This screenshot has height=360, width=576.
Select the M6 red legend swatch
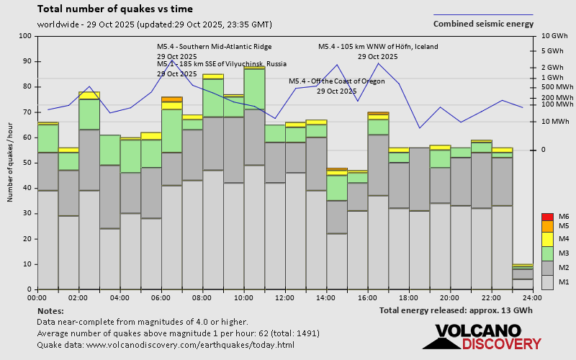point(547,217)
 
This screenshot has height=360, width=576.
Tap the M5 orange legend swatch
point(547,226)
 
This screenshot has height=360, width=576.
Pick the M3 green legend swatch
point(547,253)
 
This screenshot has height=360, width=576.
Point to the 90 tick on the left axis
point(26,61)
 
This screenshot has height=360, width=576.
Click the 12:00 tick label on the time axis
point(285,297)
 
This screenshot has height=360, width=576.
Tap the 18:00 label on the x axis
point(408,297)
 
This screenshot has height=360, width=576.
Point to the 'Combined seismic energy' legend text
point(483,23)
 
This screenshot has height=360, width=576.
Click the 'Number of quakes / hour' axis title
point(11,163)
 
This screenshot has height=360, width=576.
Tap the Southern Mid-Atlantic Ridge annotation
point(215,47)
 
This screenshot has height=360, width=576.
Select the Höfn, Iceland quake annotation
point(378,47)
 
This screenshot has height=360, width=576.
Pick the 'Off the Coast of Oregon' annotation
point(337,81)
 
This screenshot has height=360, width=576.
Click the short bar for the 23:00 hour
point(523,277)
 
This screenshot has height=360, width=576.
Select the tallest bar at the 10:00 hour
point(254,180)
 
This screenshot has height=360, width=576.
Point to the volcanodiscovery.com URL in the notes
point(189,345)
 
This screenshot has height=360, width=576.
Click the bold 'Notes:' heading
point(50,310)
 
